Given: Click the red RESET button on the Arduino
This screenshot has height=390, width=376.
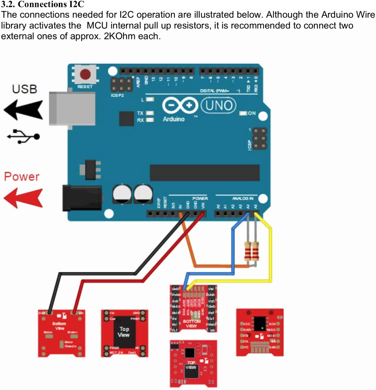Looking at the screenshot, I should pyautogui.click(x=85, y=74).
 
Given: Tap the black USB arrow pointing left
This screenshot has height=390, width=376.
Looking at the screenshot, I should pyautogui.click(x=23, y=110).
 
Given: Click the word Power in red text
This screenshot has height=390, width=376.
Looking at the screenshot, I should pyautogui.click(x=21, y=177).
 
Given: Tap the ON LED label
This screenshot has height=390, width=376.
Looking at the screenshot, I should pyautogui.click(x=252, y=113).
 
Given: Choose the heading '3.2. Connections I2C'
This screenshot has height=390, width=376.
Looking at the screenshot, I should pyautogui.click(x=43, y=5).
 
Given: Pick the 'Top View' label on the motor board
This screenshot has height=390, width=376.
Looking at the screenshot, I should pyautogui.click(x=124, y=332).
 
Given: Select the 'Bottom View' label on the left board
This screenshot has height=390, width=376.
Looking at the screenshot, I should pyautogui.click(x=59, y=326).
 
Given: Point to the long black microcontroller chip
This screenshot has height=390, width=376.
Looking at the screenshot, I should pyautogui.click(x=204, y=173).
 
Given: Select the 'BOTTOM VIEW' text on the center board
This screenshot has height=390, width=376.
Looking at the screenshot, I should pyautogui.click(x=191, y=323).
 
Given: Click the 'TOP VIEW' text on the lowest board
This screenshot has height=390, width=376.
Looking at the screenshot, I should pyautogui.click(x=191, y=365).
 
